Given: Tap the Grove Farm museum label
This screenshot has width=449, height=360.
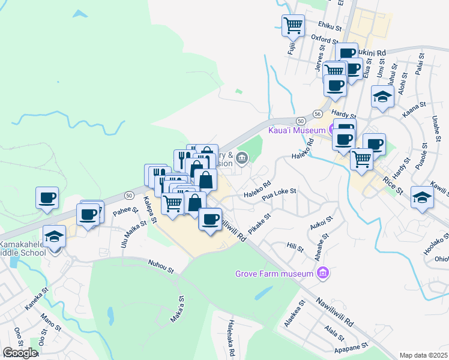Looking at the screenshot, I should [274, 274].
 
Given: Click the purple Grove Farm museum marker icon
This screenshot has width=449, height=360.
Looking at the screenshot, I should [324, 274].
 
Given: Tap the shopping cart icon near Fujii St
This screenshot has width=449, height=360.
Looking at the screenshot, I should [293, 26].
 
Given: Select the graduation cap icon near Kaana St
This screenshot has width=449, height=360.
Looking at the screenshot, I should [382, 96].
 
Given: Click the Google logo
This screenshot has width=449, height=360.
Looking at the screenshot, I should [19, 353].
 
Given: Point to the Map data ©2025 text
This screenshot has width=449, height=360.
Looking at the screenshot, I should [424, 355].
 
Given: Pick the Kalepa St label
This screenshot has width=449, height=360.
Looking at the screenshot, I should [150, 209].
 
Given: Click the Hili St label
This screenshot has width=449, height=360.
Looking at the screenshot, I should [293, 246].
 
